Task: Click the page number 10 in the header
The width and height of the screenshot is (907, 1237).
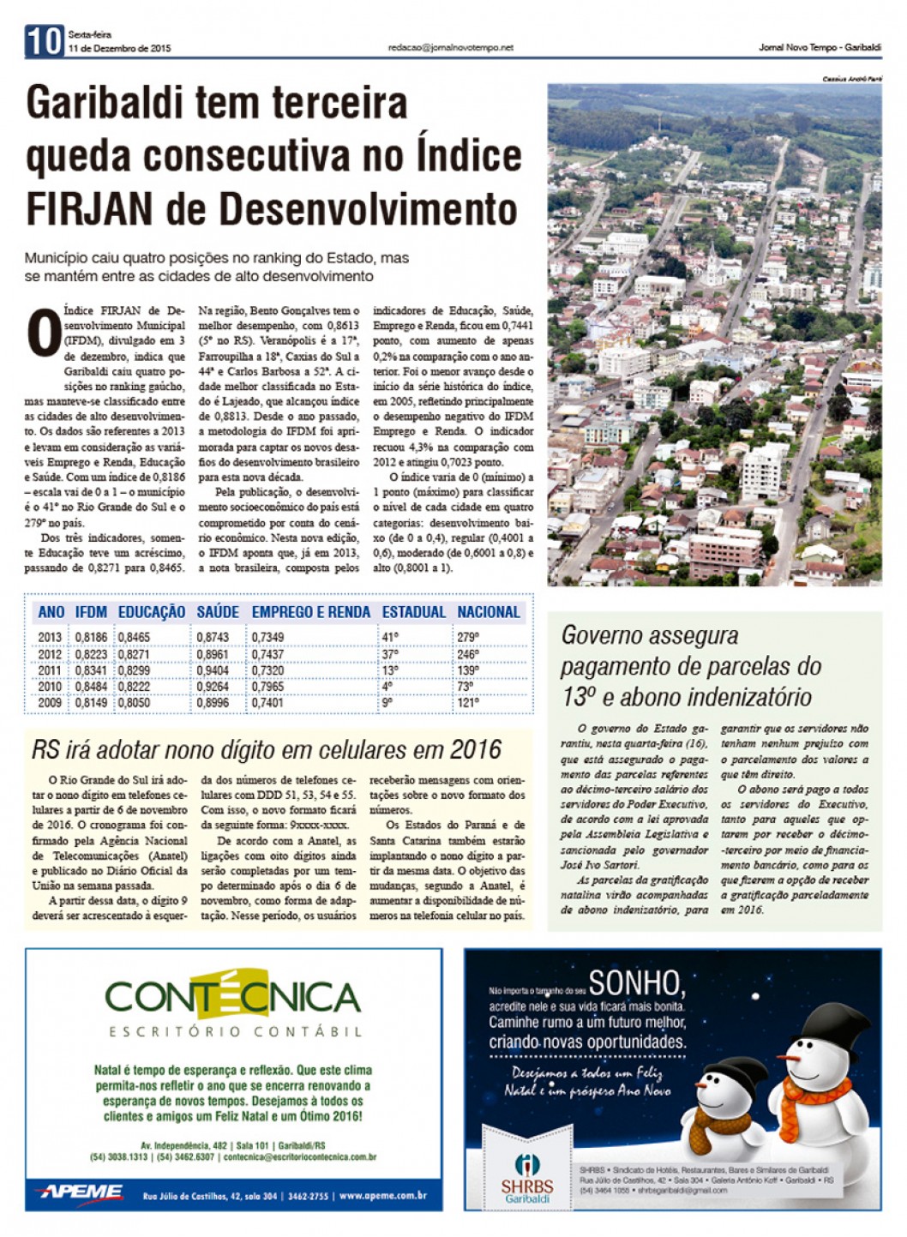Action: [45, 41]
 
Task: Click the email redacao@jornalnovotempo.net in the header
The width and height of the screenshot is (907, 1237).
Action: [450, 48]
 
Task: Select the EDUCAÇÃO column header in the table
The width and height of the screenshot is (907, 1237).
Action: [152, 612]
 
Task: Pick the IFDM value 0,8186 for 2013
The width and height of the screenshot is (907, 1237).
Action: [91, 637]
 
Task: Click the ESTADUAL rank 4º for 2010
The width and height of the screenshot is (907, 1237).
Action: [387, 686]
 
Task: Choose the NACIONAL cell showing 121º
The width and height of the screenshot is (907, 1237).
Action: [468, 702]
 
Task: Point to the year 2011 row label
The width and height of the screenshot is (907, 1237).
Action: [50, 670]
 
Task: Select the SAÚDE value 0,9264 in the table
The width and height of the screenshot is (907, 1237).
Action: [213, 686]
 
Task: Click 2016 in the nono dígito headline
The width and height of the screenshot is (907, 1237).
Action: [475, 750]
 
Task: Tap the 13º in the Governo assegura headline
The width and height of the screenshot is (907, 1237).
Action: [579, 697]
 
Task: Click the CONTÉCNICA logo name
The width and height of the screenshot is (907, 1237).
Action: [233, 997]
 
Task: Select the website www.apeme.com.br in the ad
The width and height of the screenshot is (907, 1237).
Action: [382, 1195]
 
